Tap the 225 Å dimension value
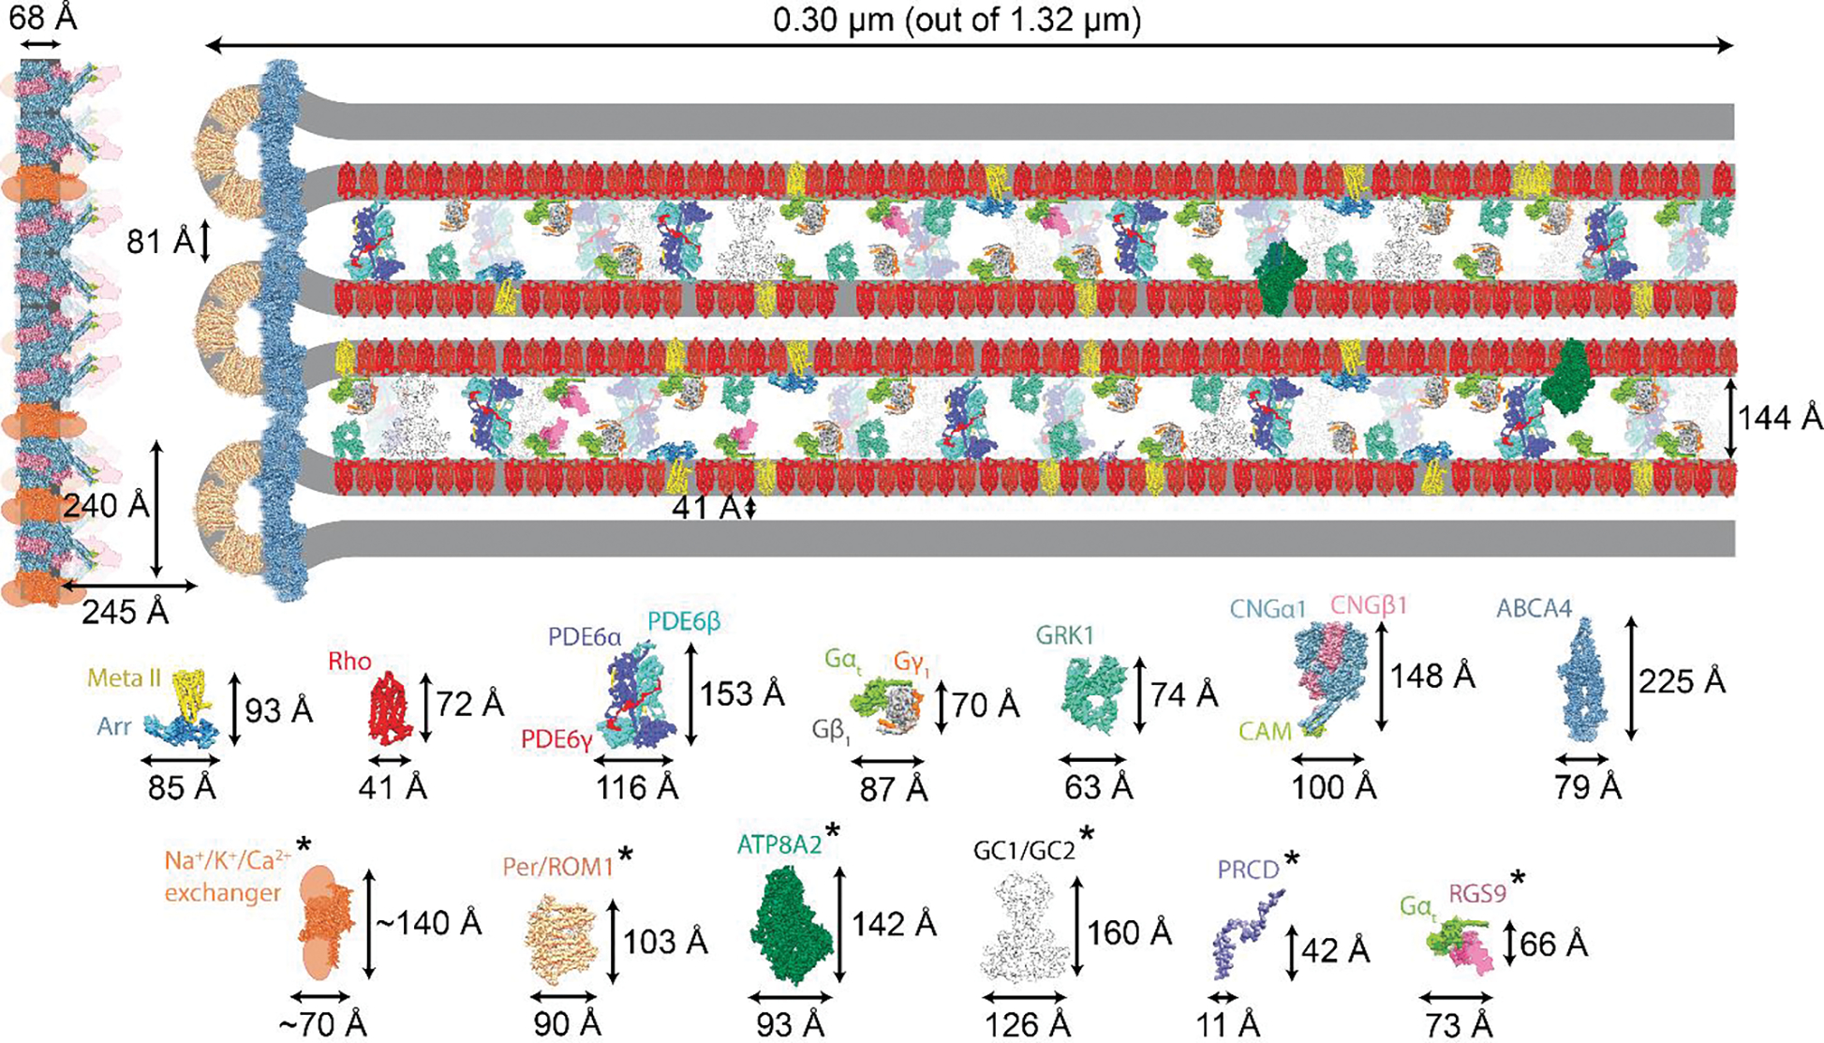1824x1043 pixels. coord(1682,681)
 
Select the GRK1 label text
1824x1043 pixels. coord(1064,636)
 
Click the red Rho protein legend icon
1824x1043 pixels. coord(388,708)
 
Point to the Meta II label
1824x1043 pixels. coord(125,678)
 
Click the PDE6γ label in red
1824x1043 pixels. coord(557,740)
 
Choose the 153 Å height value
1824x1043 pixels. coord(742,693)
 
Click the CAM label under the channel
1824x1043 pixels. coord(1265,731)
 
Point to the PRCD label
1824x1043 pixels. coord(1248,870)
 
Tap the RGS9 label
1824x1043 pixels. coord(1477,893)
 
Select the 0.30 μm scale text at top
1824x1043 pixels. coord(956,21)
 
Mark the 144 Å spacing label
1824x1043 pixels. coord(1780,418)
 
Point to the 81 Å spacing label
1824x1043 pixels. coord(160,243)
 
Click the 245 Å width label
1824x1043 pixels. coord(125,612)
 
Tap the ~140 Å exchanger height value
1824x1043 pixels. coord(429,923)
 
